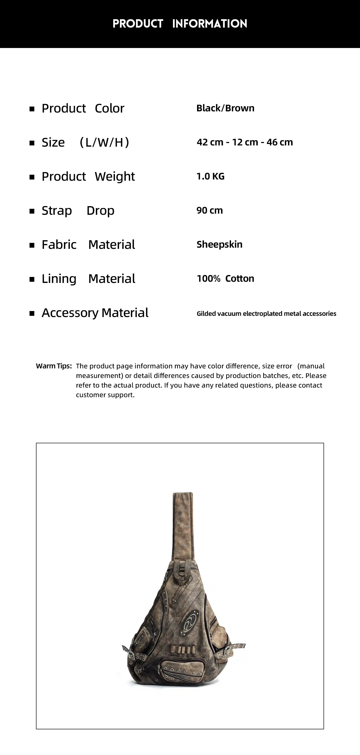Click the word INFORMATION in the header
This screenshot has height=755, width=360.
(x=210, y=24)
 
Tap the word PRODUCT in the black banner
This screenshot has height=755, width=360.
(x=138, y=24)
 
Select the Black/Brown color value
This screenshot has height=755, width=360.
(x=225, y=108)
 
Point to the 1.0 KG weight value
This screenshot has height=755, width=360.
(x=210, y=176)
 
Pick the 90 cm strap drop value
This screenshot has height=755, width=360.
(x=209, y=210)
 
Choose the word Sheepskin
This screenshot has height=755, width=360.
(x=219, y=245)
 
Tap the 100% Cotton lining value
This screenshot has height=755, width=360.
(x=225, y=278)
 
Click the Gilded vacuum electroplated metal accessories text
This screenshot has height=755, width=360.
(x=266, y=314)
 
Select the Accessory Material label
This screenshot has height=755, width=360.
(x=95, y=313)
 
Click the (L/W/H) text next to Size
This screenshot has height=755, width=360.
(x=104, y=143)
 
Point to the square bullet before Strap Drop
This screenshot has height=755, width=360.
(x=32, y=211)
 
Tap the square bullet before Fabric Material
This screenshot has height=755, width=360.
(x=32, y=245)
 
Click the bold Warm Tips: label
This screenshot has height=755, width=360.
(x=54, y=366)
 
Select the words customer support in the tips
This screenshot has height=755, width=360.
(x=105, y=395)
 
